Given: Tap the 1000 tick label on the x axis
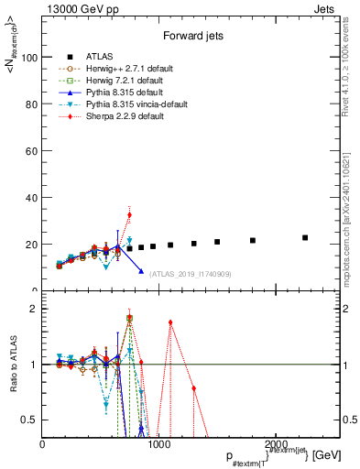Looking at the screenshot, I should (158, 444).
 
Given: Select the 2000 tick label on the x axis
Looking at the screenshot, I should (274, 444).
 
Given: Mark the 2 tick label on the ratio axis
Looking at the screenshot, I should (34, 309).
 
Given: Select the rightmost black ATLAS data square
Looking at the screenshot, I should (305, 237).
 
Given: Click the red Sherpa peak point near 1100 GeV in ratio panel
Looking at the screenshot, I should (170, 322).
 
